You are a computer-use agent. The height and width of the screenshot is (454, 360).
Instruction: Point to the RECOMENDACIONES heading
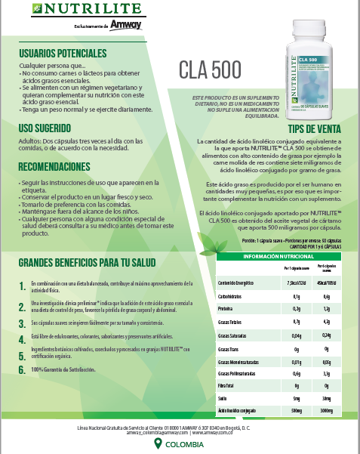click(x=54, y=166)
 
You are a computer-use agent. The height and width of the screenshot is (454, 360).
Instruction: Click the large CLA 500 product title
click(x=210, y=68)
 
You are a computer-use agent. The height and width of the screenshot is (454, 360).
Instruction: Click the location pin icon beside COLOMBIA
click(x=158, y=444)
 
